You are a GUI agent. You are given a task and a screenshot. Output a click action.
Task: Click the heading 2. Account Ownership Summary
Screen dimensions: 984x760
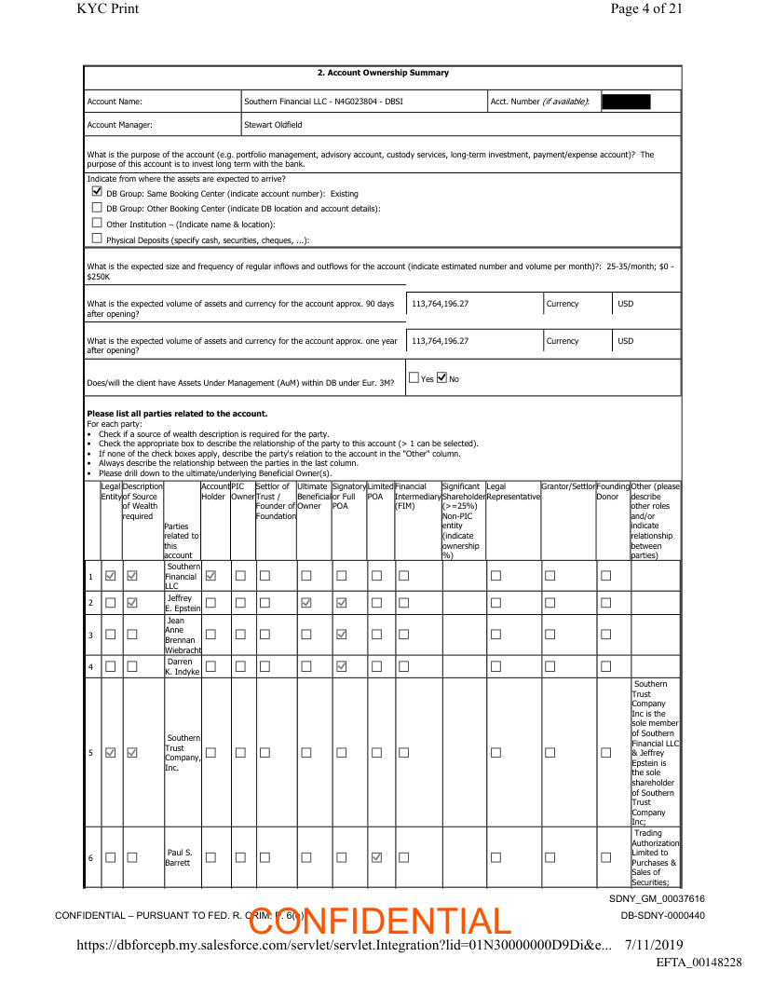coord(382,73)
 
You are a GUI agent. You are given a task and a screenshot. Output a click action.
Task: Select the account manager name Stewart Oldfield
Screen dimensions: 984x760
coord(273,124)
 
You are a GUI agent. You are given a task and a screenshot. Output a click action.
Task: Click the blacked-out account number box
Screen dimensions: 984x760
coord(626,101)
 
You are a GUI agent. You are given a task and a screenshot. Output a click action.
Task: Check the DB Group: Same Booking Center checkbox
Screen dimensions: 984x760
coord(97,192)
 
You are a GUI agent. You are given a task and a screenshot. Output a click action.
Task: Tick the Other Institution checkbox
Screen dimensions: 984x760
coord(97,224)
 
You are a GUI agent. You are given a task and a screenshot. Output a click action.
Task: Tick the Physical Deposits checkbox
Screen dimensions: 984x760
coord(97,239)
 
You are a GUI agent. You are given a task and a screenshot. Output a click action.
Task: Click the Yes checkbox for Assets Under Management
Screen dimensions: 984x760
coord(414,378)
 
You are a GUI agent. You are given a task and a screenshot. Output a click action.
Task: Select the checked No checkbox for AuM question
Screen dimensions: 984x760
coord(442,378)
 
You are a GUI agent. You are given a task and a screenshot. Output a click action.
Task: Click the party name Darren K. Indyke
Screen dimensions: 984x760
coord(182,667)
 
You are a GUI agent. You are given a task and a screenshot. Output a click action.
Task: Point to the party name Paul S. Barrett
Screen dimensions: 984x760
coord(181,857)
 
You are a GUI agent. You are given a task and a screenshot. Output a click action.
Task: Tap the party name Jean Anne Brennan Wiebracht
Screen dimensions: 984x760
coord(183,635)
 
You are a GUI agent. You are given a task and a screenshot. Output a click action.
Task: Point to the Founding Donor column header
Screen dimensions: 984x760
coord(612,491)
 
